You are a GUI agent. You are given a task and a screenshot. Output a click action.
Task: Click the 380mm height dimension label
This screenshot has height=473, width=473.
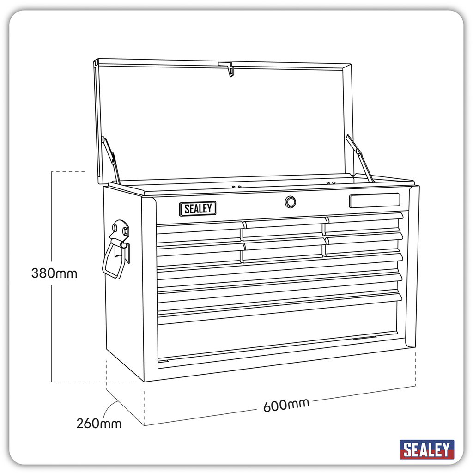click(54, 273)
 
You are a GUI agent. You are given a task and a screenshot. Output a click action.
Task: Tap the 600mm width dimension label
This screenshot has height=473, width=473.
click(286, 405)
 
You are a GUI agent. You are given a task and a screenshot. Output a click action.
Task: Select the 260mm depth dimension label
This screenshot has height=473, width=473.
click(99, 423)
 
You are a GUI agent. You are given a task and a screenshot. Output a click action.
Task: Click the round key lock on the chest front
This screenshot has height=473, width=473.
click(290, 202)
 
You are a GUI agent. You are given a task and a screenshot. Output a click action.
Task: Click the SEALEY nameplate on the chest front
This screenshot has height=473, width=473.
click(198, 209)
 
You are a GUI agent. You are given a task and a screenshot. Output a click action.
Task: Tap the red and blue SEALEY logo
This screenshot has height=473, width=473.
click(426, 449)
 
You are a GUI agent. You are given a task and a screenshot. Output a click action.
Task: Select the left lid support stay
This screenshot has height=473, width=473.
click(111, 160)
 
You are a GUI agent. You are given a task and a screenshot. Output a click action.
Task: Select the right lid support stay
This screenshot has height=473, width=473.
click(359, 158)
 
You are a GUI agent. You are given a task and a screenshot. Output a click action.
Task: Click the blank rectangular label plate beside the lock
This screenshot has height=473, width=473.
click(374, 200)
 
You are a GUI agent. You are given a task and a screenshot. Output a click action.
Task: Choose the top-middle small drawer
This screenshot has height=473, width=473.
click(283, 230)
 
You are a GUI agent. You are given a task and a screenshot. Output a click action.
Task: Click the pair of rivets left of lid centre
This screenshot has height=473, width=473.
click(236, 187)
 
